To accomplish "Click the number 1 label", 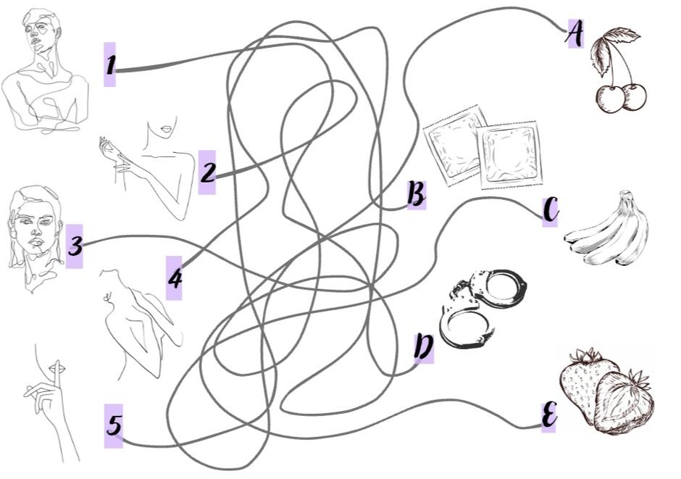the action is tap(110, 64).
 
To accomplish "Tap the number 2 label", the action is tap(207, 172).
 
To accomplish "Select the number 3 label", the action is tap(75, 246).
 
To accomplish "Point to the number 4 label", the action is tap(174, 278).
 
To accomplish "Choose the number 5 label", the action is tap(114, 425).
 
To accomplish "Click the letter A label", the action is tap(575, 33).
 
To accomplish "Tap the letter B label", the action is tap(417, 194).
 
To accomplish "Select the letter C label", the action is tap(551, 212).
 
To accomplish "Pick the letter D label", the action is tap(424, 348).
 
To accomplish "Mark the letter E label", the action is tap(549, 417).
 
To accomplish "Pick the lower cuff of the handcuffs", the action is tap(464, 328).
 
